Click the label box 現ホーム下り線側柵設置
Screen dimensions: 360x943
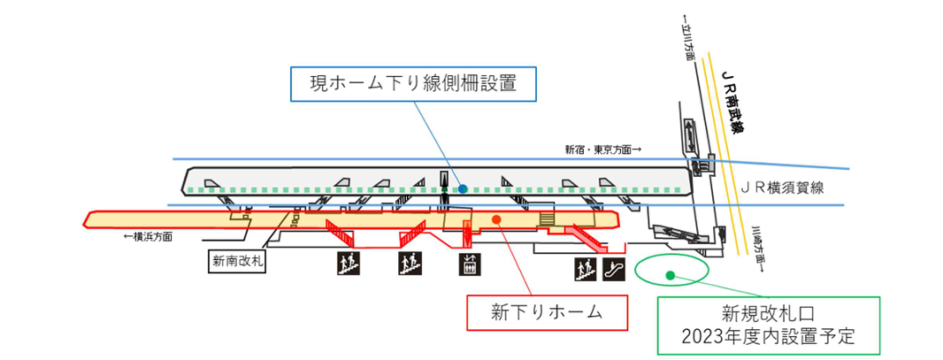click(412, 86)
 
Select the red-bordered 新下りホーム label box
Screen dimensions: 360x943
click(546, 311)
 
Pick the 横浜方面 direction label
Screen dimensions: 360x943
click(148, 237)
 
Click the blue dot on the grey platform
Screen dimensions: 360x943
click(463, 188)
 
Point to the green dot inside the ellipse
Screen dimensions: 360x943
click(670, 275)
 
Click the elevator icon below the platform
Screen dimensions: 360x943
click(469, 263)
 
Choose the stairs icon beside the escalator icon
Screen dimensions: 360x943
click(584, 268)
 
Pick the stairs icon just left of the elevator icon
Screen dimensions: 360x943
click(408, 263)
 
